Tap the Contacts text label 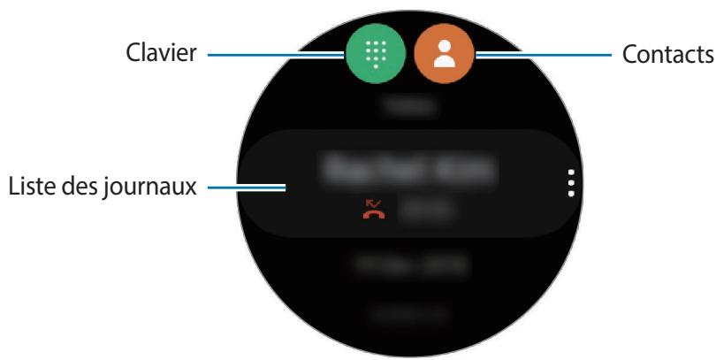[666, 55]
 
